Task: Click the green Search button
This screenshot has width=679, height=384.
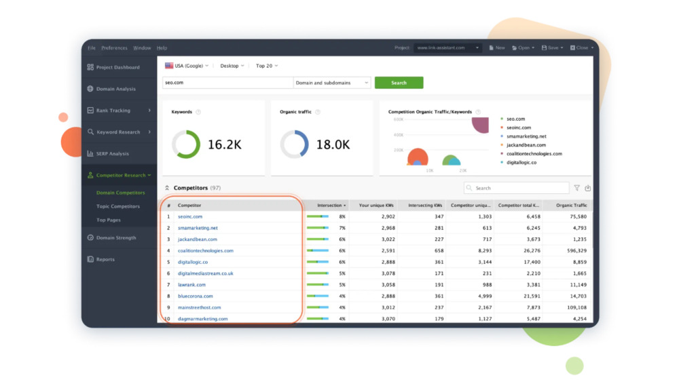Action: pos(399,83)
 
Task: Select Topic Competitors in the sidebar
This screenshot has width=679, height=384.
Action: pos(118,206)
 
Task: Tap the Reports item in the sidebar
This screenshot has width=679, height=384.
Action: pos(105,260)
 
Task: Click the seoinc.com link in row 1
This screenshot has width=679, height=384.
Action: pos(190,216)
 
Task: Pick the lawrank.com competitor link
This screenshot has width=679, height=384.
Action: pos(191,285)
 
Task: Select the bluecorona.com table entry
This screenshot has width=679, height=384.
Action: pos(195,296)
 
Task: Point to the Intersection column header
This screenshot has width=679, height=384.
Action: pos(331,205)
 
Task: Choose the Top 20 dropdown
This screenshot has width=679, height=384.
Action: pos(267,66)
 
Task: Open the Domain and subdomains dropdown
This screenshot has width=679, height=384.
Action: pos(332,83)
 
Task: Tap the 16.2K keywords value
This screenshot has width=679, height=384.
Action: pos(224,145)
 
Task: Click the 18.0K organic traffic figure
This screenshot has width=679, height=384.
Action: pos(333,145)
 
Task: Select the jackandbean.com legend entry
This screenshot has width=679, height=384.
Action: pos(526,145)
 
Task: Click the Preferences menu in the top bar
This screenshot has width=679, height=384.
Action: pos(114,48)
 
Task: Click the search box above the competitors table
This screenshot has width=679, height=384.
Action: pos(519,188)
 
